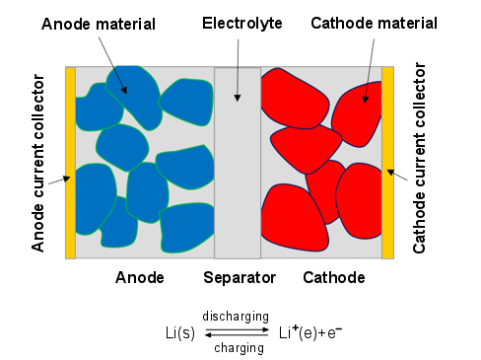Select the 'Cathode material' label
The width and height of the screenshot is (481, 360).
pyautogui.click(x=369, y=22)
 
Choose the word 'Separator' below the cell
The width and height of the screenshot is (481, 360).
pyautogui.click(x=240, y=278)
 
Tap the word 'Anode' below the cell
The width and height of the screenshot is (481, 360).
pyautogui.click(x=139, y=278)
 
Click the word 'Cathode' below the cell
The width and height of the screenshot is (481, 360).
pyautogui.click(x=334, y=278)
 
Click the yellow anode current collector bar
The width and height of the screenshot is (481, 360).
pyautogui.click(x=70, y=163)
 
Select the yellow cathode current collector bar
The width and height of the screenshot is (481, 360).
pyautogui.click(x=387, y=163)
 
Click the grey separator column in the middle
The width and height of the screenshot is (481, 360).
pyautogui.click(x=238, y=178)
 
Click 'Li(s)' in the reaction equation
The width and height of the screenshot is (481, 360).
pyautogui.click(x=181, y=332)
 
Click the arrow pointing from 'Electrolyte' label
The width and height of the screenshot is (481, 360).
pyautogui.click(x=237, y=69)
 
